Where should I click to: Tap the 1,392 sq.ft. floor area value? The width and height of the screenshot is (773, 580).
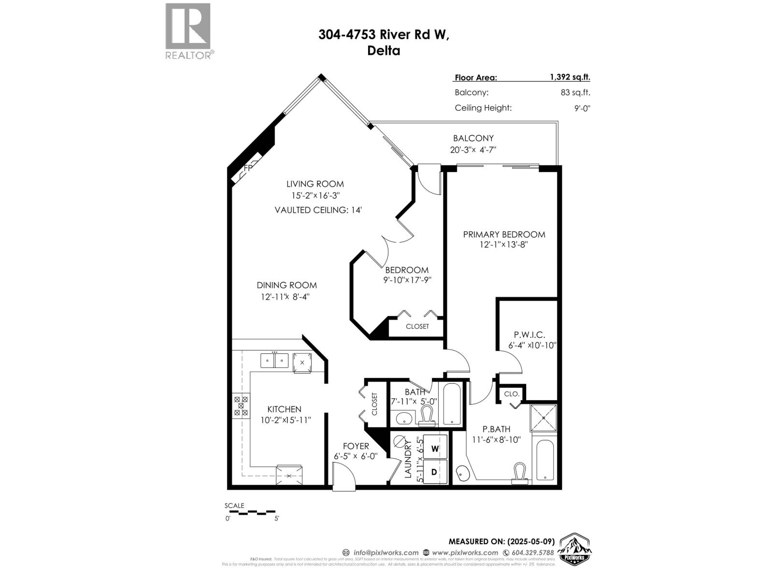570,77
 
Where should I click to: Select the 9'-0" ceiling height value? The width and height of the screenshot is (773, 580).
582,108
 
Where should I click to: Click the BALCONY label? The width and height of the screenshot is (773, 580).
473,138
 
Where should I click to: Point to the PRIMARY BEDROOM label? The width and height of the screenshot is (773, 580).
504,234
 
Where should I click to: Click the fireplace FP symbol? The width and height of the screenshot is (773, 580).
247,169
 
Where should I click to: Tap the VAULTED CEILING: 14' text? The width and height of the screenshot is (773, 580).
318,210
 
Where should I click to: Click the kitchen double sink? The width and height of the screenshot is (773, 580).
274,361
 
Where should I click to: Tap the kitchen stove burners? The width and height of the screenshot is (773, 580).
241,406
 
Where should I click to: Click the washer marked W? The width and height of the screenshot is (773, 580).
434,449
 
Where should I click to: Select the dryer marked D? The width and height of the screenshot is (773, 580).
434,472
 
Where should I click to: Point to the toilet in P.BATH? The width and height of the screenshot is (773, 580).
520,473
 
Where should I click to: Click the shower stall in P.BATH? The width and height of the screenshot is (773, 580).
544,418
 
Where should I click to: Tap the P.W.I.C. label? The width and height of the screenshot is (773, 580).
529,334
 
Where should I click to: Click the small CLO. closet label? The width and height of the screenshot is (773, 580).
511,394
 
